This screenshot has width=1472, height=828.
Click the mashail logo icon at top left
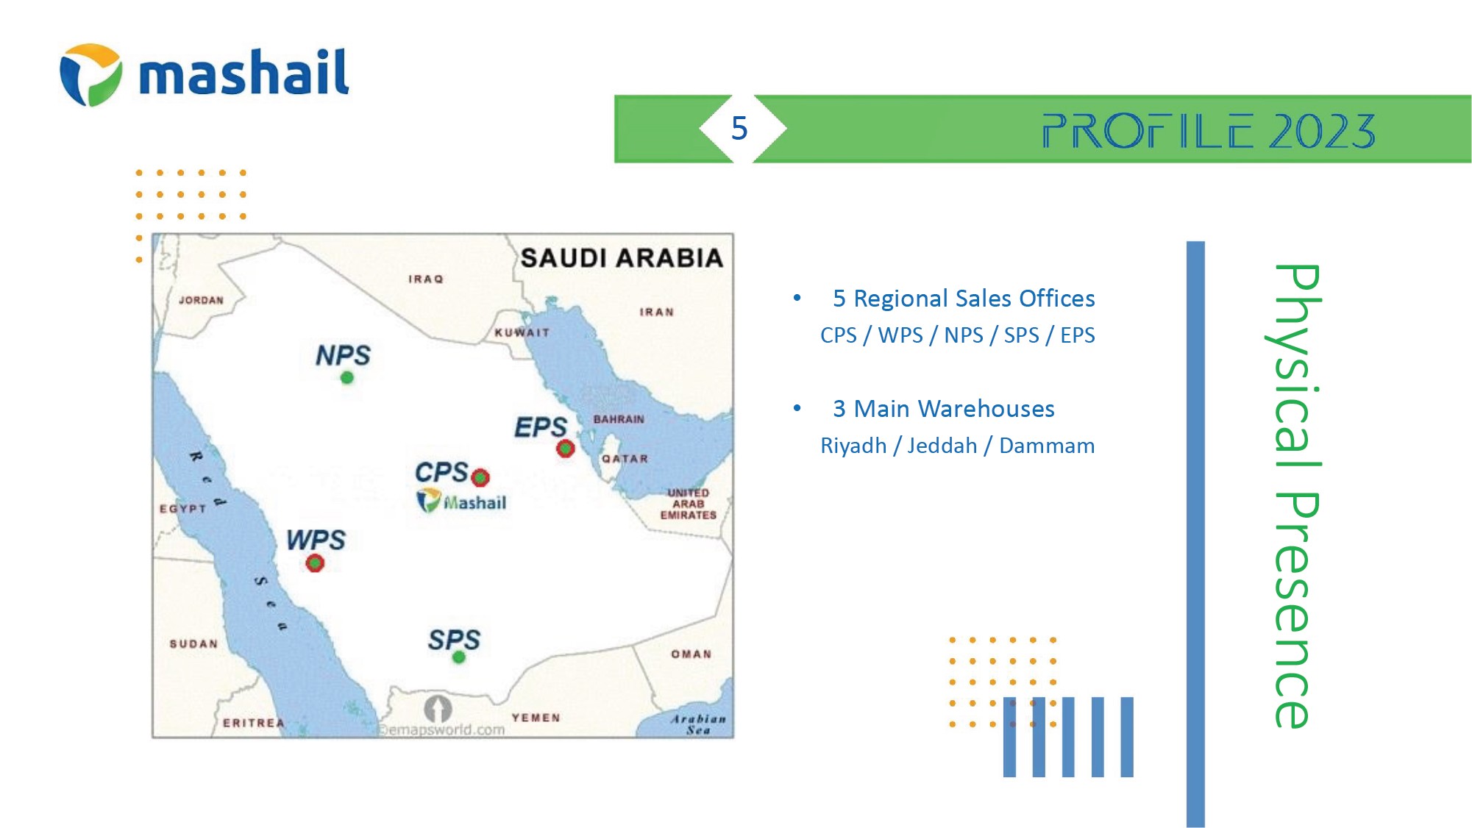click(x=90, y=74)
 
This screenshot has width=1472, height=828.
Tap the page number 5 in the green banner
click(x=739, y=129)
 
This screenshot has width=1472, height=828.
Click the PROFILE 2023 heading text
click(x=1208, y=131)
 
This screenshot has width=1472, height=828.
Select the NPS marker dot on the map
click(x=346, y=378)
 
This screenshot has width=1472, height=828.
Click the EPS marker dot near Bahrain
click(x=565, y=448)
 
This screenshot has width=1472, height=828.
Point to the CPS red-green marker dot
click(x=480, y=478)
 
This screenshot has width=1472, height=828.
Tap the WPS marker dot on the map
click(x=315, y=563)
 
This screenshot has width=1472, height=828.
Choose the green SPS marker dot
click(x=458, y=657)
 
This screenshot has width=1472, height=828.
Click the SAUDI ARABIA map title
click(x=622, y=258)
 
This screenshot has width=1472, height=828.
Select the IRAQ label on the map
click(x=426, y=279)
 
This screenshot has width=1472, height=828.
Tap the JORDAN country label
click(x=201, y=300)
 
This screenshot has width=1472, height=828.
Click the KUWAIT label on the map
click(x=522, y=332)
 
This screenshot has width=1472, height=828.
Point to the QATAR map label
click(x=625, y=459)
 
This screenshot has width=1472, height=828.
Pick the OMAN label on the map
click(x=691, y=654)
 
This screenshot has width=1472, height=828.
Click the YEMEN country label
click(x=536, y=718)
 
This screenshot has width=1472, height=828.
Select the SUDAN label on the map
click(x=193, y=644)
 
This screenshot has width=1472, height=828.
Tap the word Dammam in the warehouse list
click(x=1047, y=446)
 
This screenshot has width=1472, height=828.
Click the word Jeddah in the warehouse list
click(x=942, y=446)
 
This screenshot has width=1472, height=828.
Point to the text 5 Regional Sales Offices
click(x=964, y=299)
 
